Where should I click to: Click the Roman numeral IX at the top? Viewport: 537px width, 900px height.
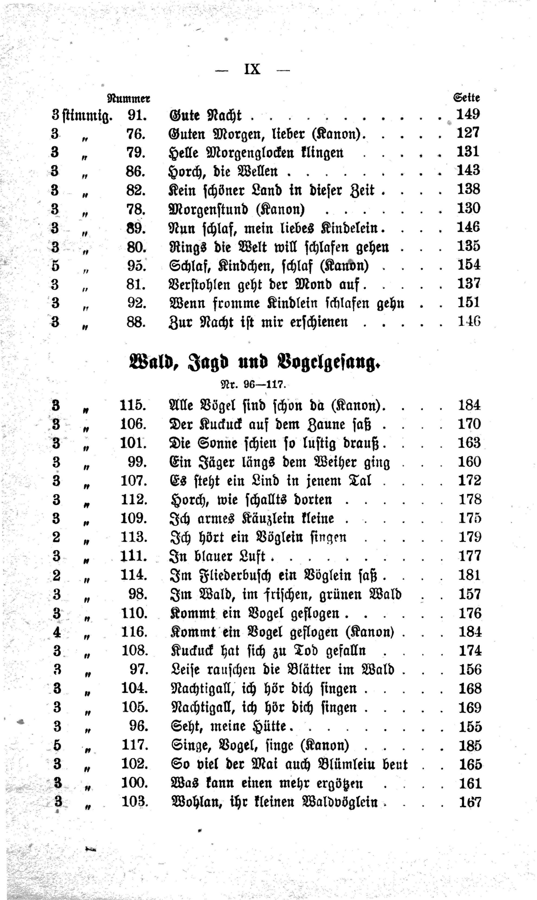(252, 69)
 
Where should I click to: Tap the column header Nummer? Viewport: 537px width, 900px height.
(129, 98)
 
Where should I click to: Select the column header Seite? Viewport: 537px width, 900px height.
(466, 97)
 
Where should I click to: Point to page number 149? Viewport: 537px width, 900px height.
(468, 115)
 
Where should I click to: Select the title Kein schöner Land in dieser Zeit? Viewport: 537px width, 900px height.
(271, 190)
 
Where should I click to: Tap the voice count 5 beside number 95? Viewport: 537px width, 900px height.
(55, 266)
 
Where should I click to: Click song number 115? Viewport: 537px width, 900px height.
(133, 405)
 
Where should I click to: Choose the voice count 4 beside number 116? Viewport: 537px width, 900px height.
(57, 632)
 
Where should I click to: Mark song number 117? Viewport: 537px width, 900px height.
(135, 745)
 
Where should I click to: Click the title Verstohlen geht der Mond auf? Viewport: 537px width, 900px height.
(264, 285)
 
